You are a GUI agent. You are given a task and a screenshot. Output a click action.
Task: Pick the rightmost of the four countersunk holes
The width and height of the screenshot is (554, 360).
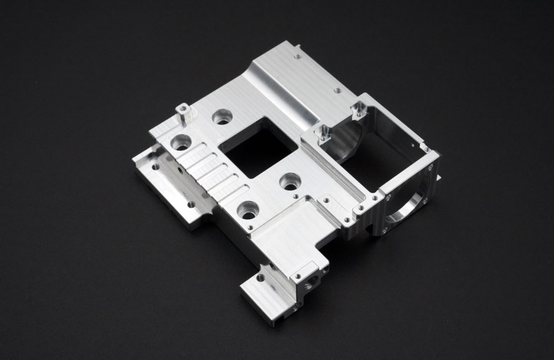(290, 181)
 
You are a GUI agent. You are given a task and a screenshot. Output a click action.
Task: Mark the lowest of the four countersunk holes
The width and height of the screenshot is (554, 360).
(246, 210)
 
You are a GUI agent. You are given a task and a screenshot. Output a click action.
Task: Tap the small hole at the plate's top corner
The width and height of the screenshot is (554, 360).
(297, 56)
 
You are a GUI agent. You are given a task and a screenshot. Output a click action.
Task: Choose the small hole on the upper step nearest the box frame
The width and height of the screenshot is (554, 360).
(336, 90)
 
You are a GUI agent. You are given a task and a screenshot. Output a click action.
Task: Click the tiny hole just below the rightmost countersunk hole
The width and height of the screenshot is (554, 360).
(297, 197)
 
